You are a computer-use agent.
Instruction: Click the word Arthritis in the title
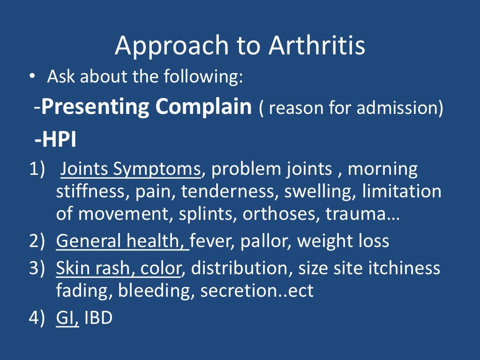coord(317,46)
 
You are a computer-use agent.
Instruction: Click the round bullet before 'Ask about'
coord(31,77)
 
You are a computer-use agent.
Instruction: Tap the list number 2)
coord(36,241)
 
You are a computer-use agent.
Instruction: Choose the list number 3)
coord(36,268)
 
